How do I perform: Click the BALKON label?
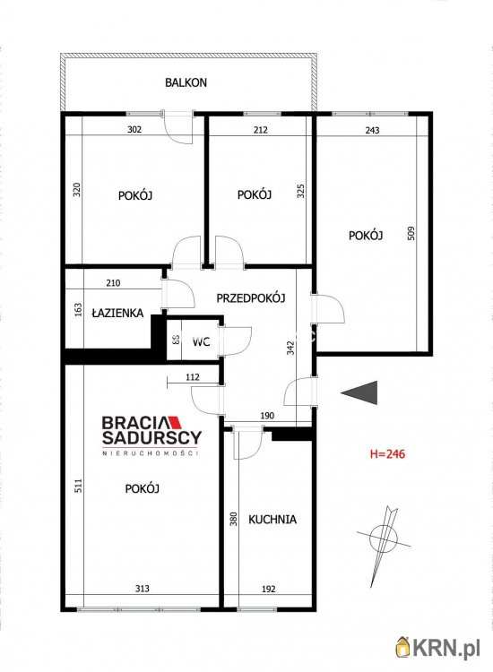point(186,82)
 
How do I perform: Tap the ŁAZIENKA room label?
point(117,313)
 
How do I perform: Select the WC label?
point(201,342)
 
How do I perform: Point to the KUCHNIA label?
point(272,520)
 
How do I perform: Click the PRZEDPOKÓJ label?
point(251,297)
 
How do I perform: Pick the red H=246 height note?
point(387,453)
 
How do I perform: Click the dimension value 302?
point(134,129)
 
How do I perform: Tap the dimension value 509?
point(411,233)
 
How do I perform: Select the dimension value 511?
point(78,485)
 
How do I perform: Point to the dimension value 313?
point(143,589)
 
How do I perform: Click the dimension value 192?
point(268,589)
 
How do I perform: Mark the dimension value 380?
point(233,520)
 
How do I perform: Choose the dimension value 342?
point(290,348)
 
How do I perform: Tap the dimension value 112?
point(193,377)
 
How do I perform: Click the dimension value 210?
point(113,283)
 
